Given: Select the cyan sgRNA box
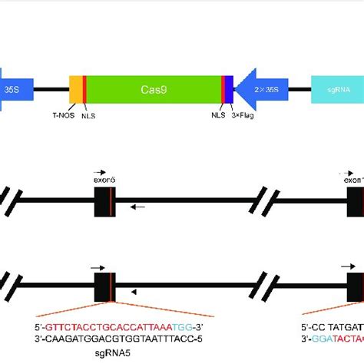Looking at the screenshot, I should point(337,90).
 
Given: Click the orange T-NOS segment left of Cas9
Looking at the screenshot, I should point(75,90).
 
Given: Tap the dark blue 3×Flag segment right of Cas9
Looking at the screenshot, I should point(229,90).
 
